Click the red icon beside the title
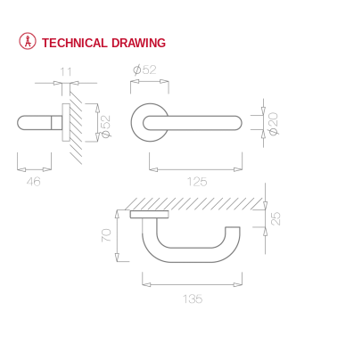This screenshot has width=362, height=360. (27, 42)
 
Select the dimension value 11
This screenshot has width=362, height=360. (65, 70)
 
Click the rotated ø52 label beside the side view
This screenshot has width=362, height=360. (106, 126)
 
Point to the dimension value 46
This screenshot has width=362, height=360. (34, 181)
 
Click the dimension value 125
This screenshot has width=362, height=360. (197, 181)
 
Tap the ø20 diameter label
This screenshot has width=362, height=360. (274, 121)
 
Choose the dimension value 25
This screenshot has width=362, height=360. (276, 217)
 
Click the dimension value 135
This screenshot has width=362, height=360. (192, 299)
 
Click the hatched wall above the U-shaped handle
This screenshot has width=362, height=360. (196, 203)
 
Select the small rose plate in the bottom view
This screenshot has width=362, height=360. (149, 215)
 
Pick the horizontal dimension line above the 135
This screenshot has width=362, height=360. (192, 285)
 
